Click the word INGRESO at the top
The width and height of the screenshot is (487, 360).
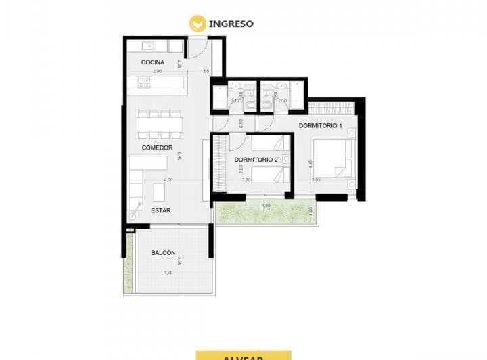[x=231, y=23]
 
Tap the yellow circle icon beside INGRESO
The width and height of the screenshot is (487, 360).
[x=198, y=24]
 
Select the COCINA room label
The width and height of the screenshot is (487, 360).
[x=153, y=62]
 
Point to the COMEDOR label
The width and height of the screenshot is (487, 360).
[x=157, y=148]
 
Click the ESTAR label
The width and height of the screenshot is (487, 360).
[x=160, y=210]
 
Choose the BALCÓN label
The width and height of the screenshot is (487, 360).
[x=163, y=252]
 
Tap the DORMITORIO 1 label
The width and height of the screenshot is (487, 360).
[x=321, y=126]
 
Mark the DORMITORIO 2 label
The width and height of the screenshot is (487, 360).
[x=256, y=160]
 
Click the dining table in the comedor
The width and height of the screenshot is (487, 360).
[x=160, y=125]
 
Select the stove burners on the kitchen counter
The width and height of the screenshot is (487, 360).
[x=144, y=82]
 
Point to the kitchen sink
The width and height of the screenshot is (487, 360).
[x=148, y=46]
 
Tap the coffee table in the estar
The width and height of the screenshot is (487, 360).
[x=159, y=192]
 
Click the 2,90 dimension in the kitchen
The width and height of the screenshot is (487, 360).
[x=157, y=71]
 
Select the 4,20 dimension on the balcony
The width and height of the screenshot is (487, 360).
[x=168, y=272]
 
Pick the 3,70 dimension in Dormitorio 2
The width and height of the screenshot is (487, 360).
[x=246, y=180]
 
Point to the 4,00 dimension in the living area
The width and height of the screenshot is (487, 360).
[x=168, y=180]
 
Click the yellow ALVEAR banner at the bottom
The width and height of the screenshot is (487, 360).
[x=243, y=355]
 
